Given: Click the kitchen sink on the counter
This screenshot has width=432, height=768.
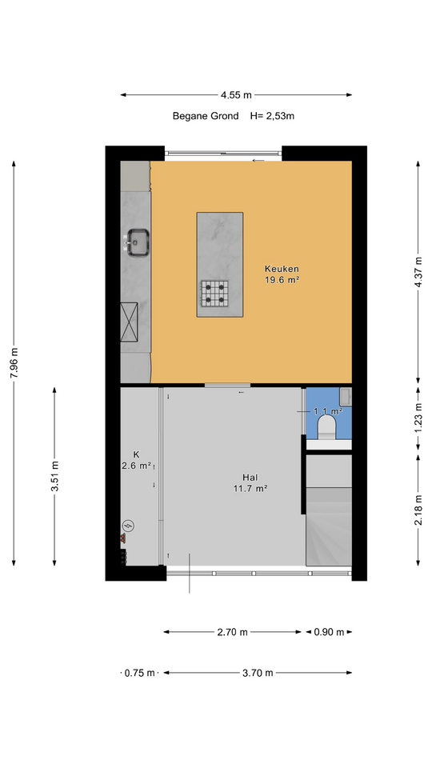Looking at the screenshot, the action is (x=138, y=242).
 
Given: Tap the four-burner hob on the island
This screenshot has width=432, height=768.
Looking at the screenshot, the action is (x=214, y=294).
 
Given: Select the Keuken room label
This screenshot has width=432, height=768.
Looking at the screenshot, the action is (x=282, y=269).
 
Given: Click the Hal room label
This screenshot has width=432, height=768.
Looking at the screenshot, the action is (x=250, y=477).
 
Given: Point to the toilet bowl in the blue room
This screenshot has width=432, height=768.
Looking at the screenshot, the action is (x=326, y=426).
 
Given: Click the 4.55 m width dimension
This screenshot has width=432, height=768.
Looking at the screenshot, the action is (x=237, y=95).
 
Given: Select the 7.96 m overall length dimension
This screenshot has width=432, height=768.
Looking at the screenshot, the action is (x=14, y=362).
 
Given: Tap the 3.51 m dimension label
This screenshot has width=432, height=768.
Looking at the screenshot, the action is (x=55, y=477).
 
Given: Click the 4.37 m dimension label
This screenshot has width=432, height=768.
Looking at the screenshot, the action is (x=418, y=273).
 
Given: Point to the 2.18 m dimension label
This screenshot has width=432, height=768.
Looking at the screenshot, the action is (x=418, y=510).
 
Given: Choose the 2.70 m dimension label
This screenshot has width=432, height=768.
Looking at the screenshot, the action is (x=233, y=632).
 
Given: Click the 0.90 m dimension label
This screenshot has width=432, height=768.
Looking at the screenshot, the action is (x=329, y=632).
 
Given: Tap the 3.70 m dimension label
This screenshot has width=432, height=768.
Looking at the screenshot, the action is (x=258, y=673).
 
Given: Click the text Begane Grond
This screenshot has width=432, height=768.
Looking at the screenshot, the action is (x=206, y=116).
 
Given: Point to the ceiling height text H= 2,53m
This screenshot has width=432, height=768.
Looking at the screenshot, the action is (x=272, y=116).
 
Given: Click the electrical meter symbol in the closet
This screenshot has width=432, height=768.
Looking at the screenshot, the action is (x=128, y=526).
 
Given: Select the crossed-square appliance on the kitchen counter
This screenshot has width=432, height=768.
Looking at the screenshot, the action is (x=129, y=322).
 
